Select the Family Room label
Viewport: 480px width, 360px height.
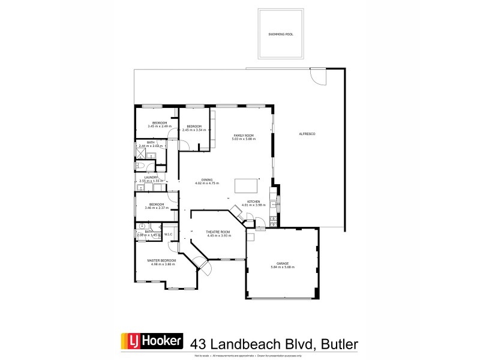click(244, 136)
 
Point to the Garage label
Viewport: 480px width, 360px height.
click(283, 263)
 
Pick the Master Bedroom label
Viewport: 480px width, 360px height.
click(162, 260)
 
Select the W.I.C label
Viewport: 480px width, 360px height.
click(169, 235)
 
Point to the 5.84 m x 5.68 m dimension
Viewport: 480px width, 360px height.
click(283, 267)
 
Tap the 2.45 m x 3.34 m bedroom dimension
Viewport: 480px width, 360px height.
click(194, 130)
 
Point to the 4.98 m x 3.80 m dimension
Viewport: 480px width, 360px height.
click(162, 264)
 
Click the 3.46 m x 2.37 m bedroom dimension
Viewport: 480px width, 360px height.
click(157, 208)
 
